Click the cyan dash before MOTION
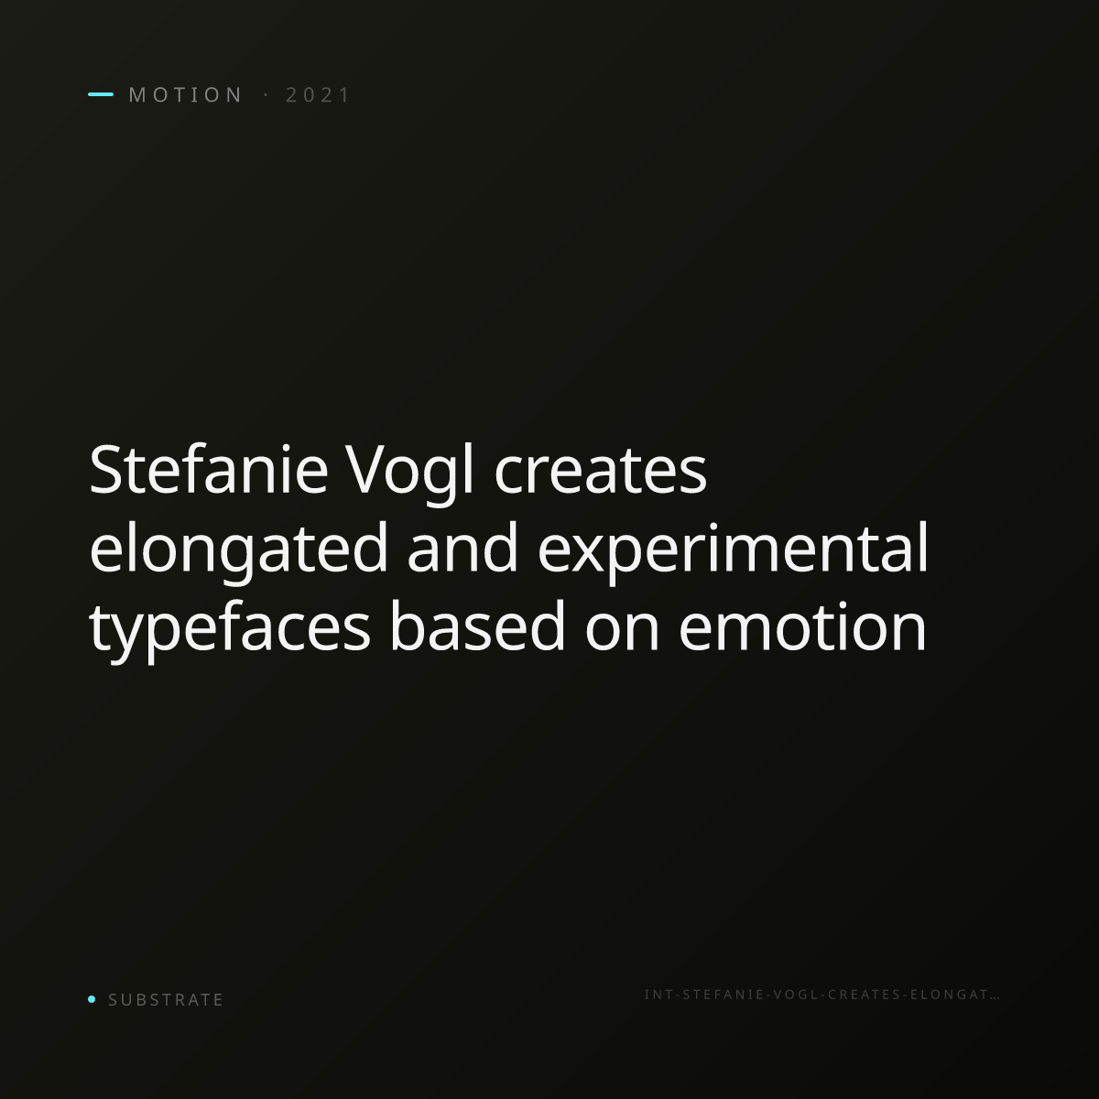[101, 94]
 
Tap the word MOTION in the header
[186, 95]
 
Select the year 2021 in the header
[318, 95]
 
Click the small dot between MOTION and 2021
[266, 94]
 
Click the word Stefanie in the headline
[209, 470]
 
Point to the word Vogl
[410, 474]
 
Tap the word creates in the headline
[600, 473]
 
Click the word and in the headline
[462, 549]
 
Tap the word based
[477, 626]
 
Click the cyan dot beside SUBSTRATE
[92, 998]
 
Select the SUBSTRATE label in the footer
[166, 1000]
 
